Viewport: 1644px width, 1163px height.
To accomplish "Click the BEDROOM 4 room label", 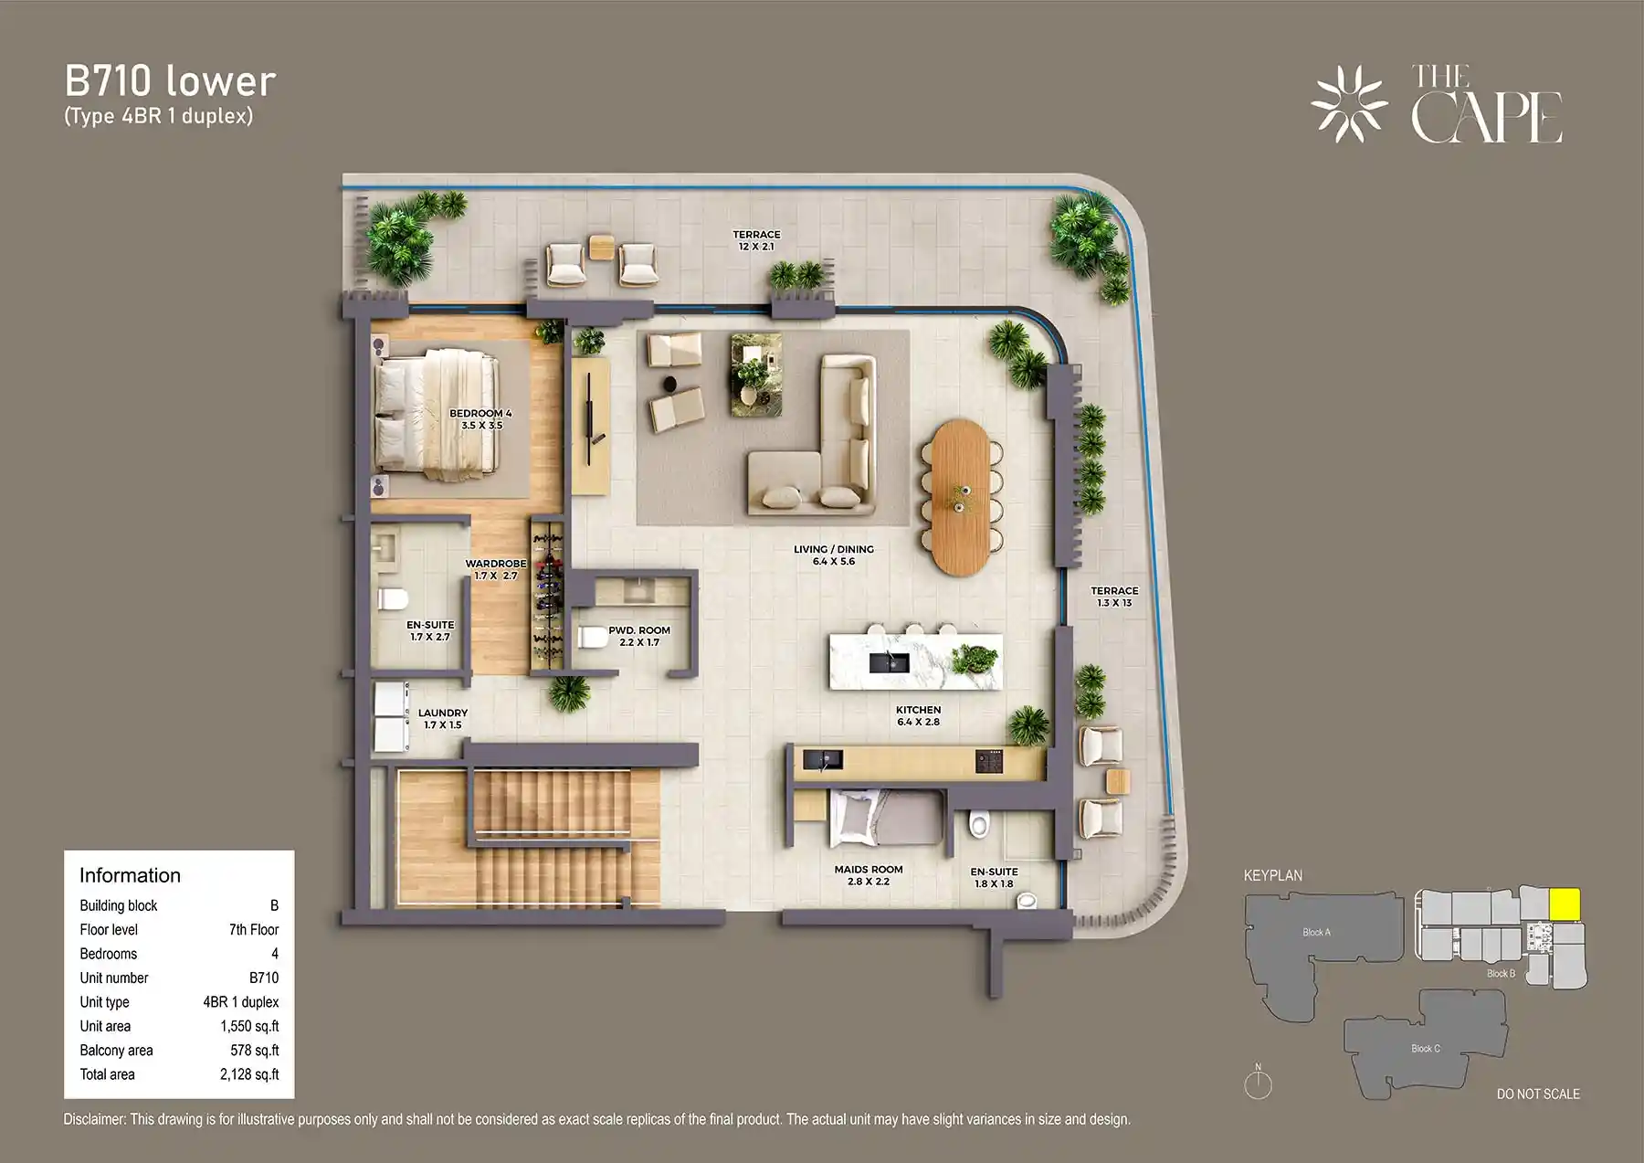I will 480,419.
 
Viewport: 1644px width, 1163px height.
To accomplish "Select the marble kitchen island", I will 915,661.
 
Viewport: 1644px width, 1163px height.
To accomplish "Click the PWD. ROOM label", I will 639,636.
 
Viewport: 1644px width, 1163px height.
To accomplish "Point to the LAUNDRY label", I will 443,719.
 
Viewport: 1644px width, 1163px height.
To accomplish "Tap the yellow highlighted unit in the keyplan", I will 1565,904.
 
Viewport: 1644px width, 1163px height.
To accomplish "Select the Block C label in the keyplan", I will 1425,1048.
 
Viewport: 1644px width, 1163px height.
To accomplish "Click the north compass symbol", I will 1258,1084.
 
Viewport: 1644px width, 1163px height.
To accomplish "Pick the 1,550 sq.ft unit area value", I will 249,1026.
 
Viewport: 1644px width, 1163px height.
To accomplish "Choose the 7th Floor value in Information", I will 253,929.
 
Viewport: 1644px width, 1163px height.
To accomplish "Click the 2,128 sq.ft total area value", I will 249,1074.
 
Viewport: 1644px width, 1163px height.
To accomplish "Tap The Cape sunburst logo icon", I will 1348,103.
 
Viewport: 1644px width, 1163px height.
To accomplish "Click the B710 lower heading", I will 170,81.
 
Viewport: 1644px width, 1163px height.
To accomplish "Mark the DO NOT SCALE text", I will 1537,1094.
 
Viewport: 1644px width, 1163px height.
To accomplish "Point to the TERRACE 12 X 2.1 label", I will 756,240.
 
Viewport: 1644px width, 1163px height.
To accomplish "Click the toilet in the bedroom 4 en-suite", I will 394,599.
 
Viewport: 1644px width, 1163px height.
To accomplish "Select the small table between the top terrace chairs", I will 602,247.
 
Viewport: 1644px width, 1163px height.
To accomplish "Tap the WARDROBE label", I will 496,569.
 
